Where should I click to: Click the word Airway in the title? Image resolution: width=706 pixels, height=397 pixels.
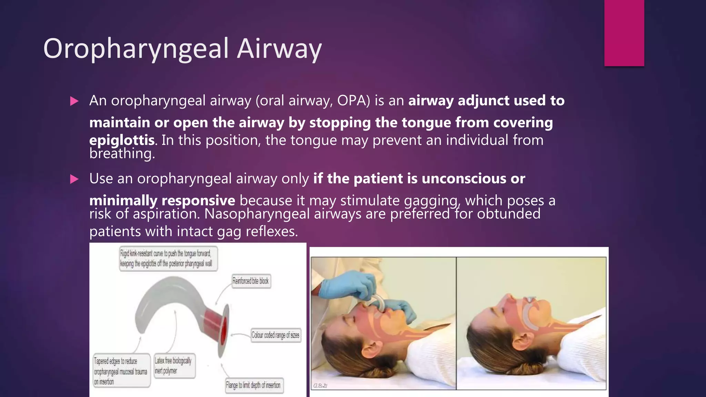click(279, 49)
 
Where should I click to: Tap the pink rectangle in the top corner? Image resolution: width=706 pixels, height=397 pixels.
click(624, 33)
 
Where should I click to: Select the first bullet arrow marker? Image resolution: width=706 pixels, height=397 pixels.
click(74, 101)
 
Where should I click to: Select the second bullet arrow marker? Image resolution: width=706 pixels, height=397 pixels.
click(74, 179)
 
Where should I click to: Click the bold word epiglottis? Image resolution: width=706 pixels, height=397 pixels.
click(121, 140)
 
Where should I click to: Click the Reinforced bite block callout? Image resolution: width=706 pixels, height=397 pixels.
click(251, 281)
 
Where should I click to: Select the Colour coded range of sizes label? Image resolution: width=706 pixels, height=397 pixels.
click(275, 335)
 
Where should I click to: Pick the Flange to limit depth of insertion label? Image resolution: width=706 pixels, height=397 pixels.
click(253, 385)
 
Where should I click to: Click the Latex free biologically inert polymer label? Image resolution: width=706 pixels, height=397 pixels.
click(173, 366)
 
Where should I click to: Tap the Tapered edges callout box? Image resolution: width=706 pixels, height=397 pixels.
click(121, 371)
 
